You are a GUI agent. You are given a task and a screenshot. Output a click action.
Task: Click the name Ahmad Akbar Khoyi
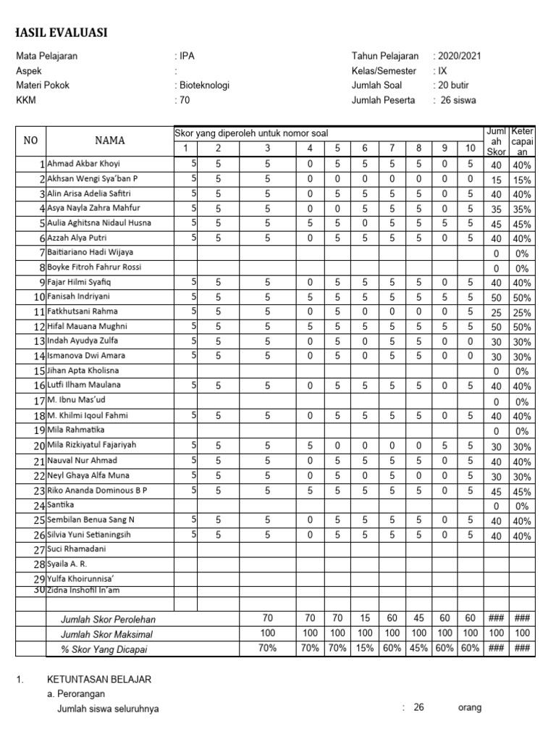coord(84,164)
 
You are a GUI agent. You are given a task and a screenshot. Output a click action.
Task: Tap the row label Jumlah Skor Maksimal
coord(107,634)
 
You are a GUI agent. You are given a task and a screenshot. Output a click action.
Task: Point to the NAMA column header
coord(109,141)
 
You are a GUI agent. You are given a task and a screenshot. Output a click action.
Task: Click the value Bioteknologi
coord(203,86)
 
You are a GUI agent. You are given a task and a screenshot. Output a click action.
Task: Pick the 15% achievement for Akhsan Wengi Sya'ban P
coord(522,180)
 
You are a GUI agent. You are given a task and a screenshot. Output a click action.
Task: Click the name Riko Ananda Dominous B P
coord(97,491)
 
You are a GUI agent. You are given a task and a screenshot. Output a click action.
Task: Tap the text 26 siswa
coord(458,101)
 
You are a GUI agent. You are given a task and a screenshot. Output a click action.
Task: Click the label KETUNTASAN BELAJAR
coord(99,680)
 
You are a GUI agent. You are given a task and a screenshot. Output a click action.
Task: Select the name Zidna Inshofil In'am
coord(83,591)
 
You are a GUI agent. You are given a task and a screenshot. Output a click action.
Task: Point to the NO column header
coord(30,141)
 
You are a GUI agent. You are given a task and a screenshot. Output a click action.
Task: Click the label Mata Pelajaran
coord(47,56)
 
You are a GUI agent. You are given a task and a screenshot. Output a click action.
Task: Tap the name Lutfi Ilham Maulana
coord(84,385)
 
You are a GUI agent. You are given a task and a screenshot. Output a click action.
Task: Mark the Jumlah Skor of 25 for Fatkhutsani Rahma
coord(496,313)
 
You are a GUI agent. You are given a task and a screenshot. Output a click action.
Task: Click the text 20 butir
coord(454,86)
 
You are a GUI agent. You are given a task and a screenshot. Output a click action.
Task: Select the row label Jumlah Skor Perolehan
coord(108,620)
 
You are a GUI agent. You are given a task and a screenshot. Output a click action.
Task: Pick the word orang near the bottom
coord(469,708)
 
